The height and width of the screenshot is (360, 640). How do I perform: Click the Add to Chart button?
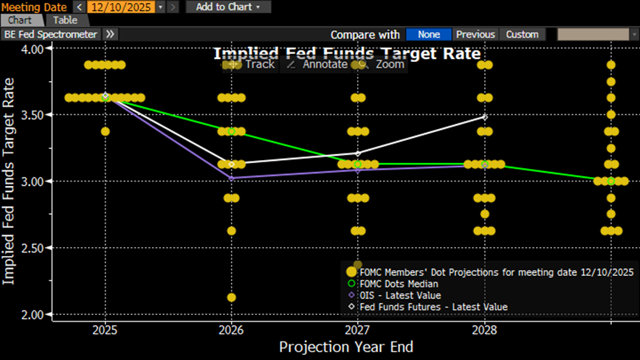pyautogui.click(x=227, y=7)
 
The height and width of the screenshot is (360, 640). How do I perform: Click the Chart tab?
pyautogui.click(x=20, y=20)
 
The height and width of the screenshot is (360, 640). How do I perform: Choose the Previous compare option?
pyautogui.click(x=475, y=34)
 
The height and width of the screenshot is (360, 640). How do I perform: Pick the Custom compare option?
pyautogui.click(x=522, y=34)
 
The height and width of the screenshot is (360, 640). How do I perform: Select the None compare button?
pyautogui.click(x=428, y=34)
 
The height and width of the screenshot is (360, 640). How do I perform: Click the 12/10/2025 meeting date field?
pyautogui.click(x=120, y=7)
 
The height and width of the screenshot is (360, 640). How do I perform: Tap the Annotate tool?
pyautogui.click(x=317, y=64)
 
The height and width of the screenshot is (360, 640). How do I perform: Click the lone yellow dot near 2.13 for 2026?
pyautogui.click(x=232, y=297)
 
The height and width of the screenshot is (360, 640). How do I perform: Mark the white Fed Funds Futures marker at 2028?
pyautogui.click(x=484, y=117)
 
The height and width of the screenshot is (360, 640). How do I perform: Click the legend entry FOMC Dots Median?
pyautogui.click(x=403, y=283)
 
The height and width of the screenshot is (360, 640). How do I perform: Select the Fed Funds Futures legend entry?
pyautogui.click(x=433, y=306)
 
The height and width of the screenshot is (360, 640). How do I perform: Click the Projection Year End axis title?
pyautogui.click(x=346, y=347)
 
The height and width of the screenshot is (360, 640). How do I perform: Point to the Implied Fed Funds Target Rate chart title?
pyautogui.click(x=347, y=53)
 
